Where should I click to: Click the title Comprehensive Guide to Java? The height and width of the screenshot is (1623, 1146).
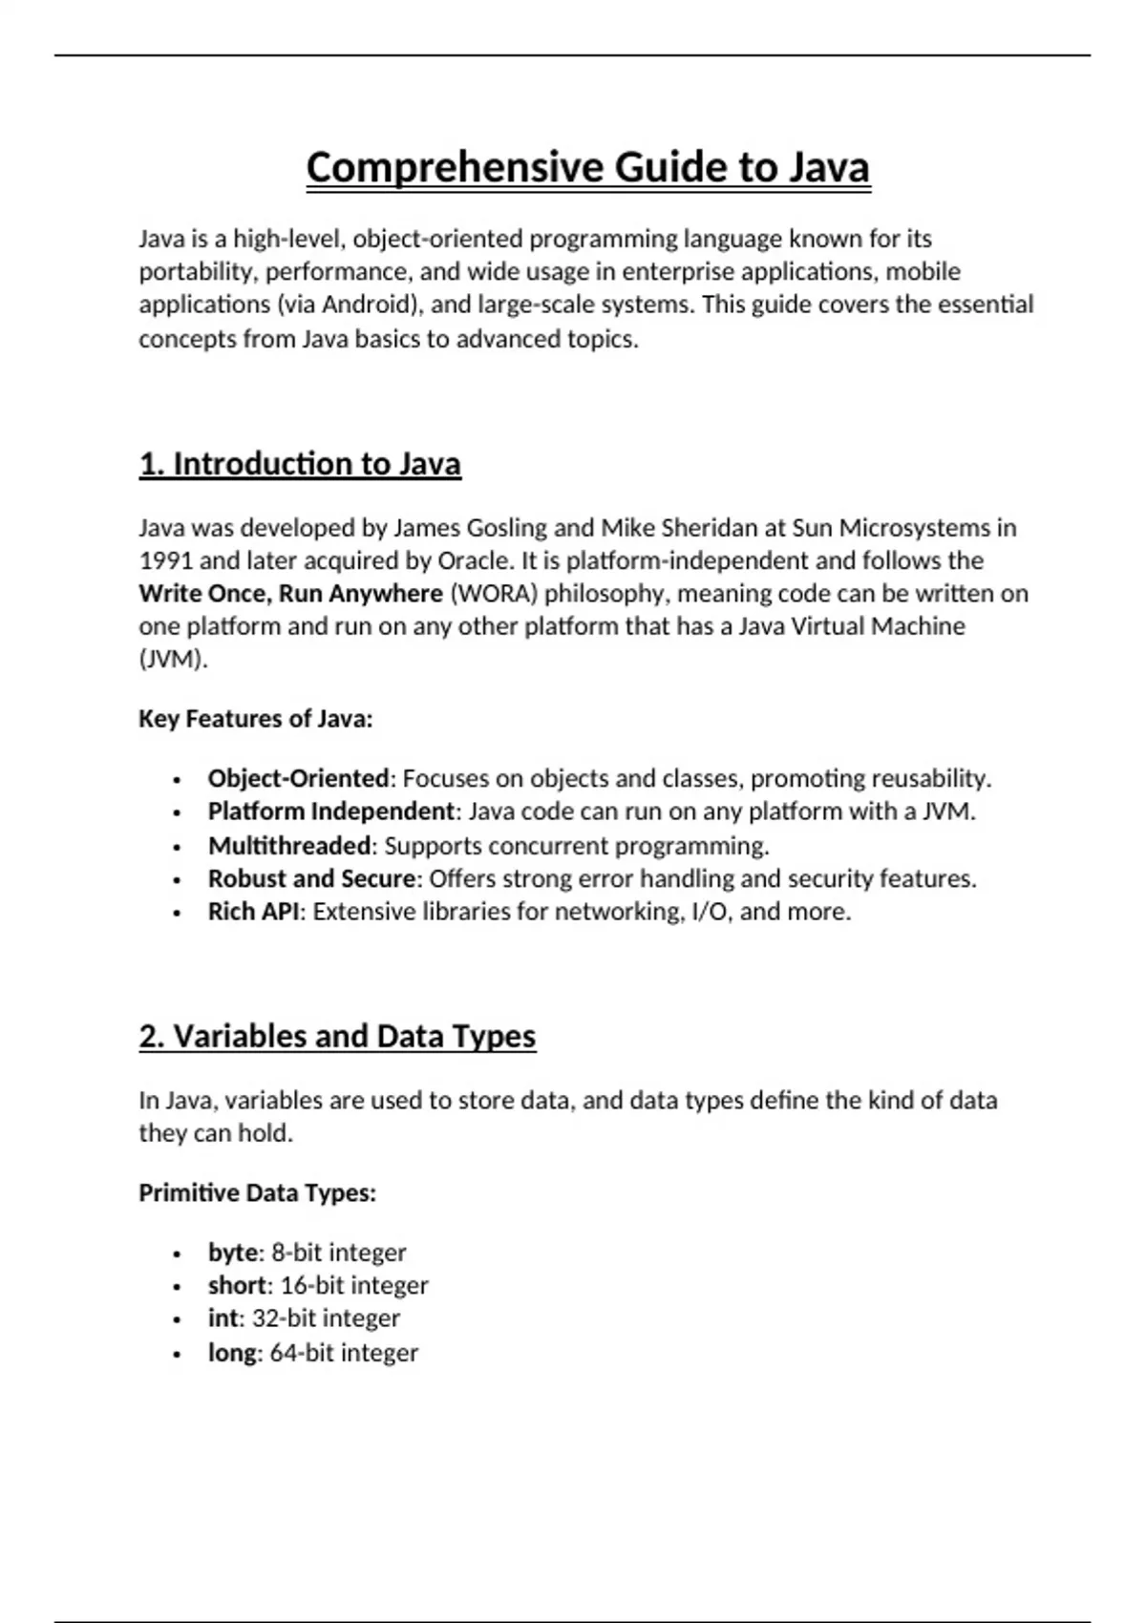(587, 168)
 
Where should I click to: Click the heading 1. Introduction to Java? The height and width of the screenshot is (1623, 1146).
(300, 464)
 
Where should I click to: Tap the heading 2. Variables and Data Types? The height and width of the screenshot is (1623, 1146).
(337, 1037)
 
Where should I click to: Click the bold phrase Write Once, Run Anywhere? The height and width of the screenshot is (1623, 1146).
(290, 594)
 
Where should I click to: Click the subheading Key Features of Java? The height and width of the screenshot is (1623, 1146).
(255, 719)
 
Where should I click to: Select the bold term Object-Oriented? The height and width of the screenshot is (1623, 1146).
(298, 779)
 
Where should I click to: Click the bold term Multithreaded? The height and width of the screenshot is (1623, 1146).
(289, 846)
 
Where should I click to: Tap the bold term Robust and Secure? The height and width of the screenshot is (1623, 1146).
(311, 878)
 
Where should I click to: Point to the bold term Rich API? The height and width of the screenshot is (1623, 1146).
(253, 912)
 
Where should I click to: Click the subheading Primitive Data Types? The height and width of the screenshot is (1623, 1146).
(257, 1193)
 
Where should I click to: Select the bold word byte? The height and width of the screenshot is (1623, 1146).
(232, 1253)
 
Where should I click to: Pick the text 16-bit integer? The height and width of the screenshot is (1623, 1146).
(354, 1286)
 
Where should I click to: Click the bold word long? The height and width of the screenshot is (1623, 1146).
(232, 1353)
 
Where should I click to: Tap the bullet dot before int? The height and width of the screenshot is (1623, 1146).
(177, 1320)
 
